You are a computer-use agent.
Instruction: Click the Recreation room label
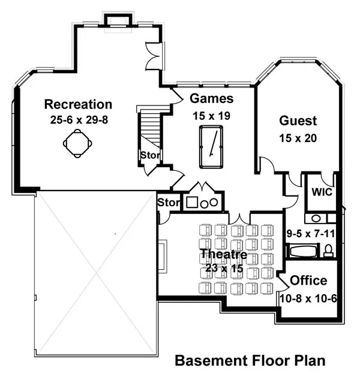pyautogui.click(x=78, y=104)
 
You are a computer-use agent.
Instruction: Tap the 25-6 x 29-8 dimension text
pyautogui.click(x=79, y=120)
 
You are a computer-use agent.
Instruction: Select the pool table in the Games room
pyautogui.click(x=211, y=147)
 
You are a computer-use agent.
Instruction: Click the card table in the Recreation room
pyautogui.click(x=77, y=143)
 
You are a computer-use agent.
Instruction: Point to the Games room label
pyautogui.click(x=212, y=98)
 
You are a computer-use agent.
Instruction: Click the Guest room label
pyautogui.click(x=298, y=120)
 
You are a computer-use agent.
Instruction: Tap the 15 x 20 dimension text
pyautogui.click(x=298, y=138)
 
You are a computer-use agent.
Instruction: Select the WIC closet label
pyautogui.click(x=322, y=192)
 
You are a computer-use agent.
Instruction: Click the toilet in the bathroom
pyautogui.click(x=328, y=251)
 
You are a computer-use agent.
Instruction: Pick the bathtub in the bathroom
pyautogui.click(x=303, y=251)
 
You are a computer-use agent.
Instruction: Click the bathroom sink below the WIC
pyautogui.click(x=316, y=219)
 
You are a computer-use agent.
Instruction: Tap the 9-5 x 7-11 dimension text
pyautogui.click(x=311, y=234)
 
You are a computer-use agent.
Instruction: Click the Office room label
pyautogui.click(x=308, y=281)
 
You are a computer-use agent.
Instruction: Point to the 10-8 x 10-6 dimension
pyautogui.click(x=308, y=298)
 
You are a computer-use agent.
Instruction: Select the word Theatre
pyautogui.click(x=224, y=254)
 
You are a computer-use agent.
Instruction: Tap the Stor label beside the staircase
pyautogui.click(x=149, y=155)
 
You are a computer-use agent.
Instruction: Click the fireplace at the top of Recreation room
pyautogui.click(x=118, y=19)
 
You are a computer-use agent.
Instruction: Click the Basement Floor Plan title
pyautogui.click(x=250, y=361)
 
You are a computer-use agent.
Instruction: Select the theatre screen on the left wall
pyautogui.click(x=163, y=256)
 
